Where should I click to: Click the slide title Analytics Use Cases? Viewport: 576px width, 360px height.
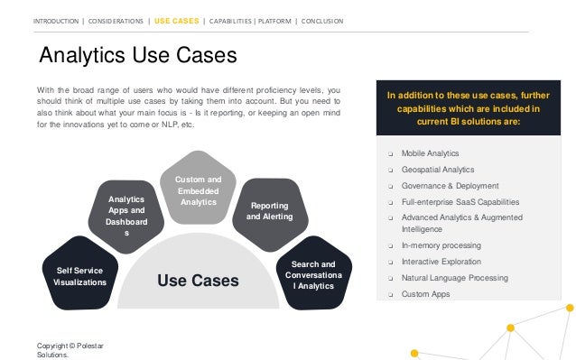pyautogui.click(x=137, y=57)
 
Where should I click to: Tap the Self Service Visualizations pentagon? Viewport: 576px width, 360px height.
pyautogui.click(x=79, y=275)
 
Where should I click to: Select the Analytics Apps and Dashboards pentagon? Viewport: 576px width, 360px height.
pyautogui.click(x=126, y=216)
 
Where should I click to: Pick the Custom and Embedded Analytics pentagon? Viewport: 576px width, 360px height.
pyautogui.click(x=199, y=191)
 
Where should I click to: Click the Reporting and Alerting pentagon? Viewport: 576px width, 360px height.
pyautogui.click(x=269, y=212)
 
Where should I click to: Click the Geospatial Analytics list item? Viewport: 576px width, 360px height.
pyautogui.click(x=437, y=169)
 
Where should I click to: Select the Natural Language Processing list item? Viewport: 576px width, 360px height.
pyautogui.click(x=453, y=278)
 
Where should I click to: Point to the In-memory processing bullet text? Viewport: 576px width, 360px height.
pyautogui.click(x=441, y=245)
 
